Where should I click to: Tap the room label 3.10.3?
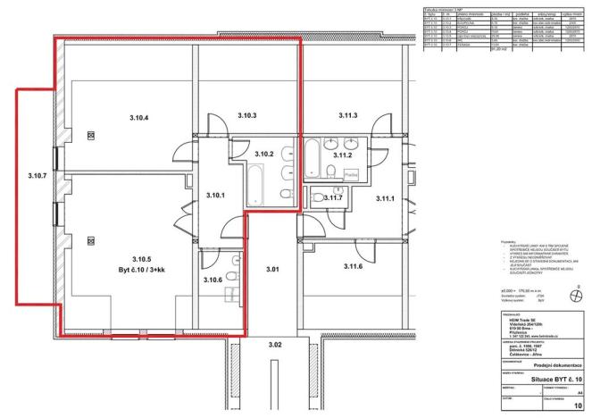(x=247, y=116)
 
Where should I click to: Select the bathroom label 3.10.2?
(x=264, y=155)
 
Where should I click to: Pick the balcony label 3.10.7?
(x=37, y=176)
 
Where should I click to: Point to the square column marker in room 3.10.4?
(x=90, y=135)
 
